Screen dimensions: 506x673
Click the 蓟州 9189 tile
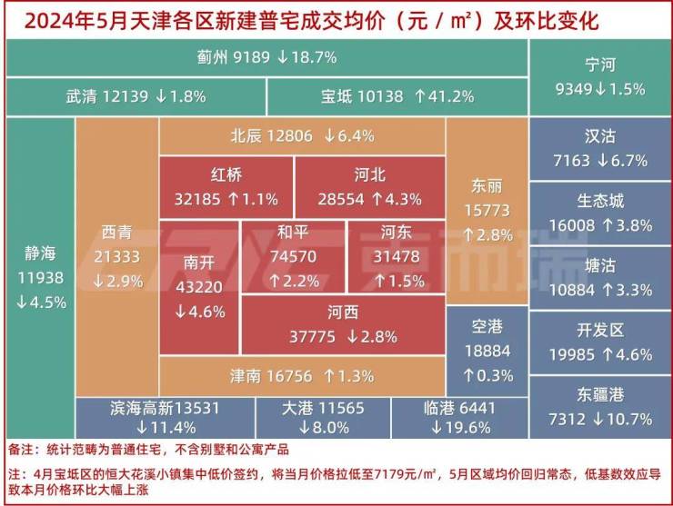(266, 57)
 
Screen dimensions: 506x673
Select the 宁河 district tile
(600, 76)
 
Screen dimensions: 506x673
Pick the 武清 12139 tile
(136, 96)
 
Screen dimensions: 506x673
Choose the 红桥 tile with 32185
(226, 185)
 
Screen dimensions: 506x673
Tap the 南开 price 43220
(199, 288)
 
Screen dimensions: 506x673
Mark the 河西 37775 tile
(343, 324)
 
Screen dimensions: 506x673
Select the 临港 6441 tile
(458, 416)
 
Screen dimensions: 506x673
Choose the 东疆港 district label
(600, 394)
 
